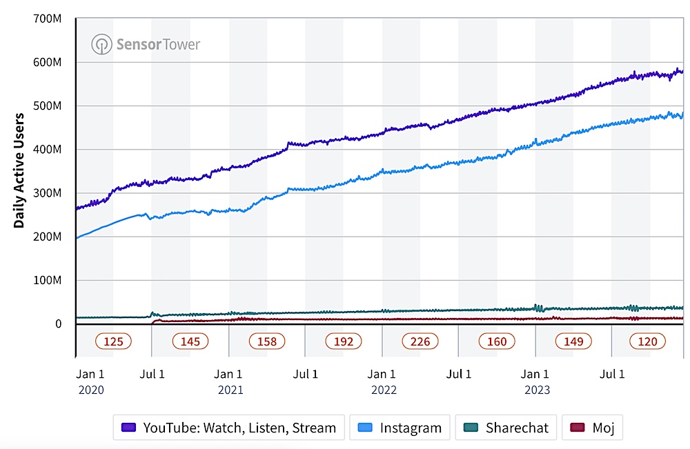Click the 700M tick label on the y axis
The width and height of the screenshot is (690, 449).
(48, 19)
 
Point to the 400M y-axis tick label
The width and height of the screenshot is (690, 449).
(48, 150)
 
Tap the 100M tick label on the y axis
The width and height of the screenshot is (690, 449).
(48, 281)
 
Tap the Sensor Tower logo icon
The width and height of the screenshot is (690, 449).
(101, 45)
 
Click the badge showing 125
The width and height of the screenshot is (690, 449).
(113, 341)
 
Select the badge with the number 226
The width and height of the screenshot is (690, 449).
(420, 341)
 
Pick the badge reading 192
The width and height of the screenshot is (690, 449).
(343, 341)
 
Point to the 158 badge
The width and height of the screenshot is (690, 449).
(266, 341)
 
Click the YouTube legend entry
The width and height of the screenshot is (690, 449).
(228, 428)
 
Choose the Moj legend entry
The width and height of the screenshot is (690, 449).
(593, 428)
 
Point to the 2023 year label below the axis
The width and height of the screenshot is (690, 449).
(537, 390)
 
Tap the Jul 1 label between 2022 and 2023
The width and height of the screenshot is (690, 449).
(458, 375)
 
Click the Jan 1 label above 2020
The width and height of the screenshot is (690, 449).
(90, 375)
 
